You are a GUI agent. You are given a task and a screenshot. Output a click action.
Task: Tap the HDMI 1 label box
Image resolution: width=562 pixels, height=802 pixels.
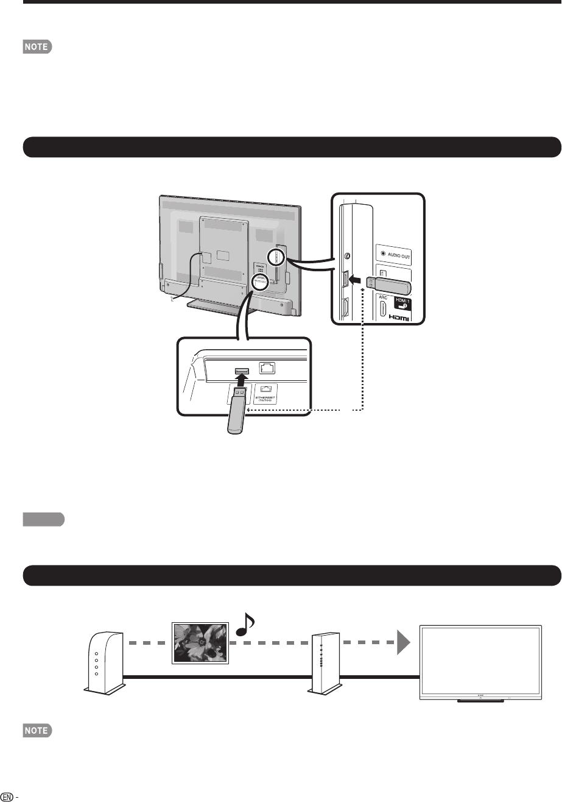(398, 302)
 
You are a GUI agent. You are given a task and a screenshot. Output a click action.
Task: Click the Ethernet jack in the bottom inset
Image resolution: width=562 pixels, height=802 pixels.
(267, 367)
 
